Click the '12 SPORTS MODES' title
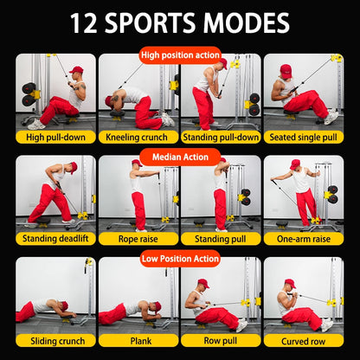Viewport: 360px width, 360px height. [x=180, y=22]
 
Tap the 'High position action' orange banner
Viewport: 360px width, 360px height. [x=180, y=55]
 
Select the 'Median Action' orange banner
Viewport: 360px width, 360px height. [x=180, y=157]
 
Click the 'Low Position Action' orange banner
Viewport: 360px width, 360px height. [x=180, y=258]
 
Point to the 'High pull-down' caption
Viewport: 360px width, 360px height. [x=54, y=137]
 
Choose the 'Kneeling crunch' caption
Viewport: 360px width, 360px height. [x=137, y=137]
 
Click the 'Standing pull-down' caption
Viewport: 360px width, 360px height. [x=220, y=137]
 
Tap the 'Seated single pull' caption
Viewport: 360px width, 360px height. [x=303, y=137]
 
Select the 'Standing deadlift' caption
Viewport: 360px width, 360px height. [x=54, y=238]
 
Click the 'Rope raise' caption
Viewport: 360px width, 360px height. [x=137, y=238]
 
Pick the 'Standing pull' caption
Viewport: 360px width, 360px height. [x=220, y=238]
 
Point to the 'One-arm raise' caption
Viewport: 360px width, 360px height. [x=303, y=238]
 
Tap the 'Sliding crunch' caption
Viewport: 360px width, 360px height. [x=54, y=340]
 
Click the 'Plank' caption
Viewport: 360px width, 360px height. [x=137, y=340]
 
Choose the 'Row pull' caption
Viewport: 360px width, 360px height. [x=220, y=340]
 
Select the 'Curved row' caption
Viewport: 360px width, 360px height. [x=303, y=340]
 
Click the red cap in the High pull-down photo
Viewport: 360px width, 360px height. [x=77, y=69]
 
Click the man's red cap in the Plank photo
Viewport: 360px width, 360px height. [x=156, y=305]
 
